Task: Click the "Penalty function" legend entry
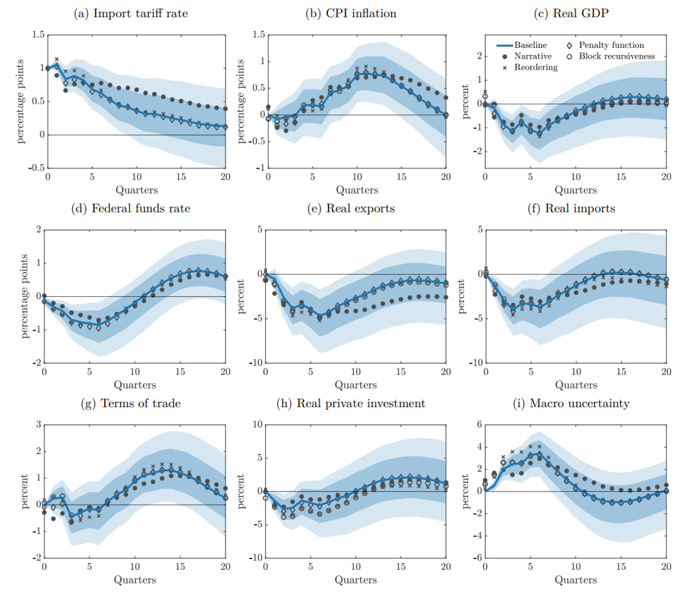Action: click(x=611, y=45)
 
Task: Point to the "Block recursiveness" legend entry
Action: click(x=616, y=56)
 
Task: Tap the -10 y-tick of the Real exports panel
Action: click(x=254, y=363)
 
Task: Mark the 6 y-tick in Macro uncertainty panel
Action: click(x=478, y=426)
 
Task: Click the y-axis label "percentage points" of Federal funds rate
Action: click(x=25, y=297)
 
